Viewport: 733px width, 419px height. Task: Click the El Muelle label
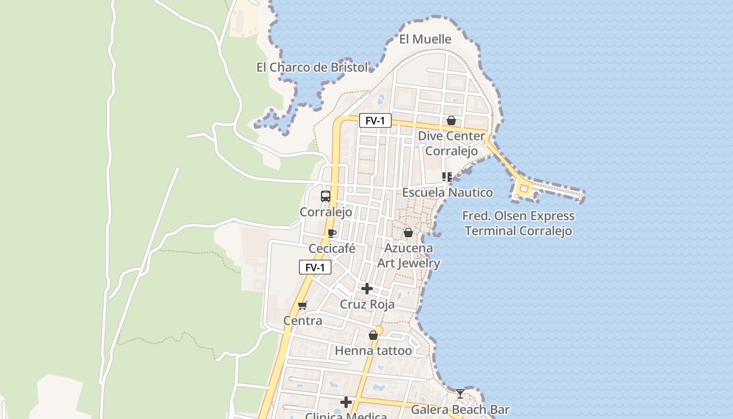(x=425, y=39)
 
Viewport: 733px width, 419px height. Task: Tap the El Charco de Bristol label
(x=312, y=68)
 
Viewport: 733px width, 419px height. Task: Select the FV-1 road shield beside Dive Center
(x=375, y=121)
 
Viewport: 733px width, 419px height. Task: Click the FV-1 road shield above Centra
(x=315, y=268)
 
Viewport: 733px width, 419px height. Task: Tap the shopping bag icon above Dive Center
(x=451, y=121)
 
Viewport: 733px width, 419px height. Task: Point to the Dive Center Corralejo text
(x=451, y=144)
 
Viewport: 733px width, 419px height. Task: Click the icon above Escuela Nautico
(x=447, y=177)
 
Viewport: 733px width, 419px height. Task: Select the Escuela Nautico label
(x=447, y=193)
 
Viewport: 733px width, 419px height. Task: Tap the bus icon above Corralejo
(x=326, y=196)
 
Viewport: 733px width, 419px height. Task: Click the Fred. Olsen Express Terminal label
(x=518, y=224)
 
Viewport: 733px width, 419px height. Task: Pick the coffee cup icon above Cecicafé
(x=331, y=233)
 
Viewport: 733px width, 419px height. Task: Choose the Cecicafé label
(x=332, y=249)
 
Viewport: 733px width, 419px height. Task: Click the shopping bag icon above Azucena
(x=408, y=233)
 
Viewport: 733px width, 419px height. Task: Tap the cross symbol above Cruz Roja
(x=367, y=289)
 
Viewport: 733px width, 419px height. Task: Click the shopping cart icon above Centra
(x=302, y=305)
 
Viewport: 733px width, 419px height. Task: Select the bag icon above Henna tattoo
(x=373, y=335)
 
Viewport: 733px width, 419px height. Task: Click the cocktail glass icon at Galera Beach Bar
(x=460, y=393)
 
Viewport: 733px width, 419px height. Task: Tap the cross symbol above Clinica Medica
(x=346, y=402)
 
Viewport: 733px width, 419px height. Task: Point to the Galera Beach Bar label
(x=460, y=410)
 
